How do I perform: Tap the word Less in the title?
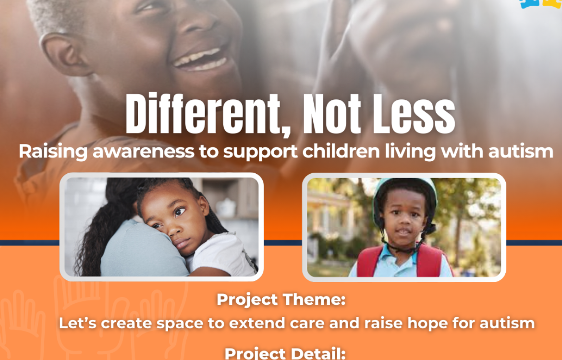[414, 114]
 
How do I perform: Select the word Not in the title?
[332, 114]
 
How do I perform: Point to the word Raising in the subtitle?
[53, 152]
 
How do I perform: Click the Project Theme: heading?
[281, 300]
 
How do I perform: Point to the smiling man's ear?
[65, 54]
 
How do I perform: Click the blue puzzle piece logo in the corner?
[530, 3]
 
